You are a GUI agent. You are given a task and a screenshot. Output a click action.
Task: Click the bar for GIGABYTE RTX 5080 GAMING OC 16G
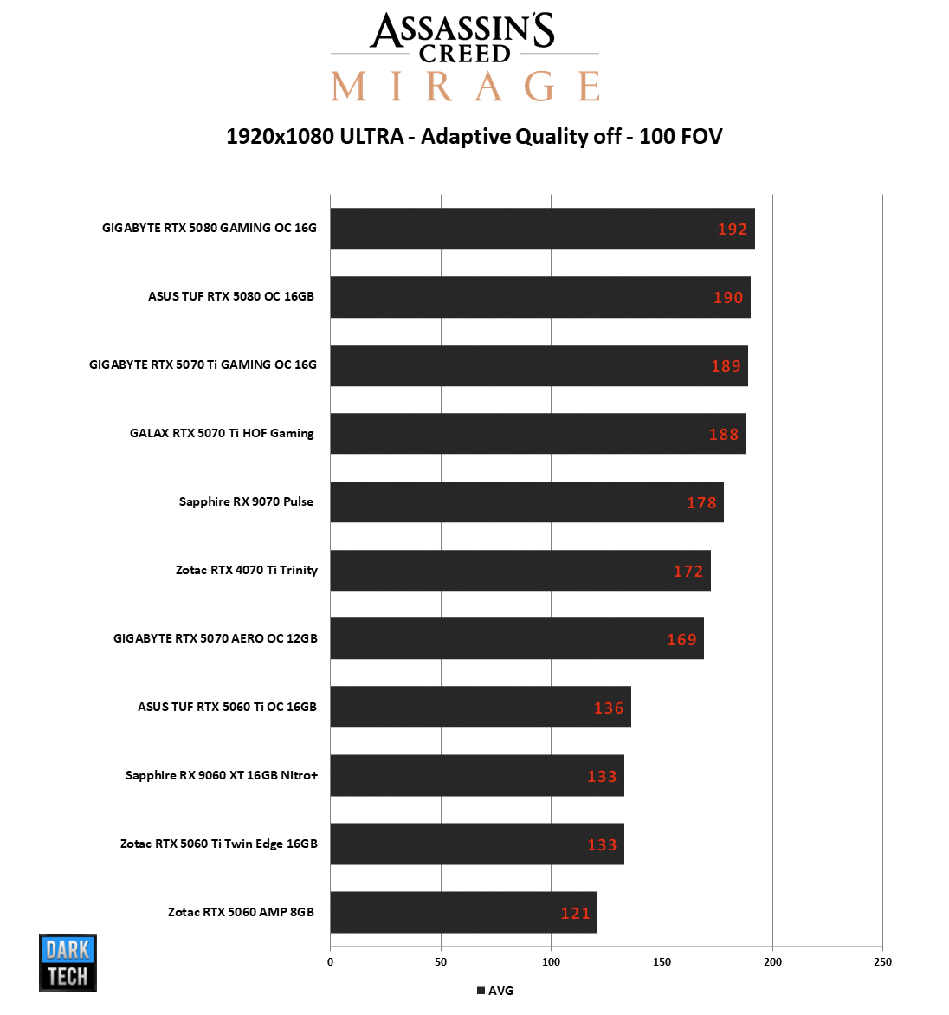click(x=542, y=229)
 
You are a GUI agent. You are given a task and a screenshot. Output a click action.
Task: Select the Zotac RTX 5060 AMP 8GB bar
click(x=463, y=912)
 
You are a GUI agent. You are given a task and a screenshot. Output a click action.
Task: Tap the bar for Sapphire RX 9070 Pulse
click(x=526, y=502)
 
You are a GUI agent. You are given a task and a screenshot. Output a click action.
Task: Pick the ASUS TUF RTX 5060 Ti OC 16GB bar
click(x=481, y=707)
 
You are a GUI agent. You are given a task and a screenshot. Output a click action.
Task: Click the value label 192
click(x=733, y=230)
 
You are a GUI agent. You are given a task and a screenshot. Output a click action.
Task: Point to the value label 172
click(x=688, y=572)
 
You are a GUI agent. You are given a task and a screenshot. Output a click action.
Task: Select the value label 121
click(x=576, y=914)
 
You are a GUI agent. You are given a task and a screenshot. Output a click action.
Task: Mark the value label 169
click(x=682, y=640)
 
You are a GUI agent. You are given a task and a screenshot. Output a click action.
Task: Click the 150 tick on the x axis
click(x=662, y=961)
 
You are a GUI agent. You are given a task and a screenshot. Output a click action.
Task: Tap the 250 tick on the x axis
click(x=882, y=961)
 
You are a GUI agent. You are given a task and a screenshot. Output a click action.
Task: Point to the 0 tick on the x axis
click(x=330, y=961)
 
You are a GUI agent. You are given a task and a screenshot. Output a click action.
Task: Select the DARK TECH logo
click(x=68, y=962)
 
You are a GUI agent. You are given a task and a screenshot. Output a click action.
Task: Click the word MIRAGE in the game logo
click(x=465, y=87)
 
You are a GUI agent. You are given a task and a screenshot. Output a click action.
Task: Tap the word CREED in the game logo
click(x=465, y=54)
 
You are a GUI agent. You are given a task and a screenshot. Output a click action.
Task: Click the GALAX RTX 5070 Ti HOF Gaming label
click(x=222, y=433)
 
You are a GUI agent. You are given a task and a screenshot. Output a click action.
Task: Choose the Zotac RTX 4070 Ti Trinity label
click(x=247, y=570)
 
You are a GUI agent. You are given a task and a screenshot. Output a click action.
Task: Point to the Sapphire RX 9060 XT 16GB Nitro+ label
click(x=222, y=775)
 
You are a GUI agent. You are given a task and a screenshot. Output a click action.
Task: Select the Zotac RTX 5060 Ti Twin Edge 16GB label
click(x=219, y=844)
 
